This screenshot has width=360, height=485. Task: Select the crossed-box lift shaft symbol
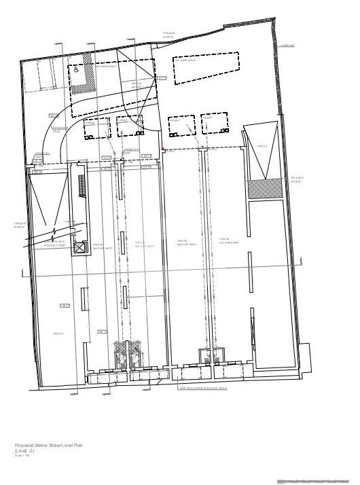pos(79,249)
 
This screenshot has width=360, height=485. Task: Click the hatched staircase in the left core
pos(82,185)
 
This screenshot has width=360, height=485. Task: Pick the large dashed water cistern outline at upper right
pos(208,68)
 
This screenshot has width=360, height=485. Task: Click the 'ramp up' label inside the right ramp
pos(261,145)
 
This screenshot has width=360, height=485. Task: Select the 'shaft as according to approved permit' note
pos(202,389)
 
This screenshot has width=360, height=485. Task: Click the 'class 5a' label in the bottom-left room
pos(58,333)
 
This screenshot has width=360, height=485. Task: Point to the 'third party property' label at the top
pos(168,34)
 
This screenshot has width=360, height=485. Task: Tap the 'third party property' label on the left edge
pos(20,226)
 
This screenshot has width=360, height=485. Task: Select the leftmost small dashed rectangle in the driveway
pos(94,128)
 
